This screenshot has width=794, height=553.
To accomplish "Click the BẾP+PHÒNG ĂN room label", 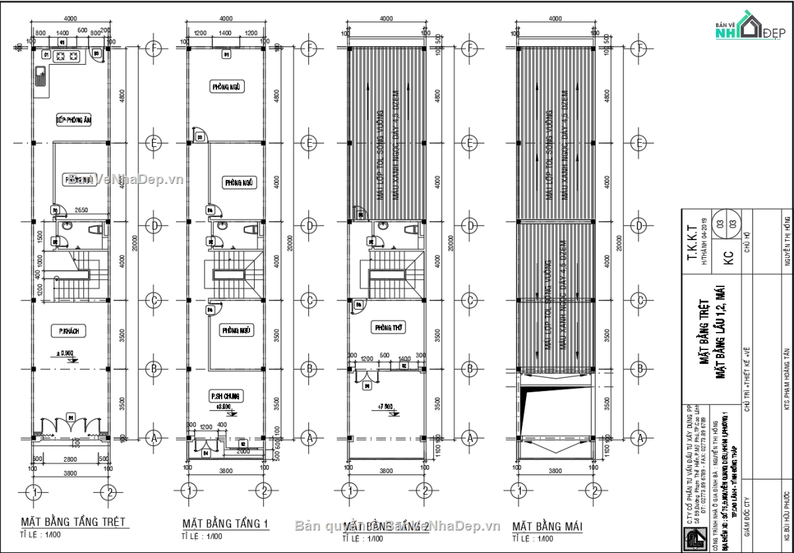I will (73, 120).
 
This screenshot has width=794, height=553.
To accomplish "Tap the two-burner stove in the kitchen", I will (66, 56).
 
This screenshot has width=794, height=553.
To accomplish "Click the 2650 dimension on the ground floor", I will (82, 210).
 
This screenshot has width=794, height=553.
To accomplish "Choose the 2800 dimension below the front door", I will (71, 458).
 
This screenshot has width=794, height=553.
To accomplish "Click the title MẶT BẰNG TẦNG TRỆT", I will (73, 523).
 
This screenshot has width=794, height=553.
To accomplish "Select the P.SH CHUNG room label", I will (226, 396).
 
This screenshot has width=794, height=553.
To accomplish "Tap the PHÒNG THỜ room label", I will (387, 327).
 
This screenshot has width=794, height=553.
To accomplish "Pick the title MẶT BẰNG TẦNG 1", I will (226, 523).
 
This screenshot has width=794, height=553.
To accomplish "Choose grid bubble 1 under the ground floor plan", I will (34, 491).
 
